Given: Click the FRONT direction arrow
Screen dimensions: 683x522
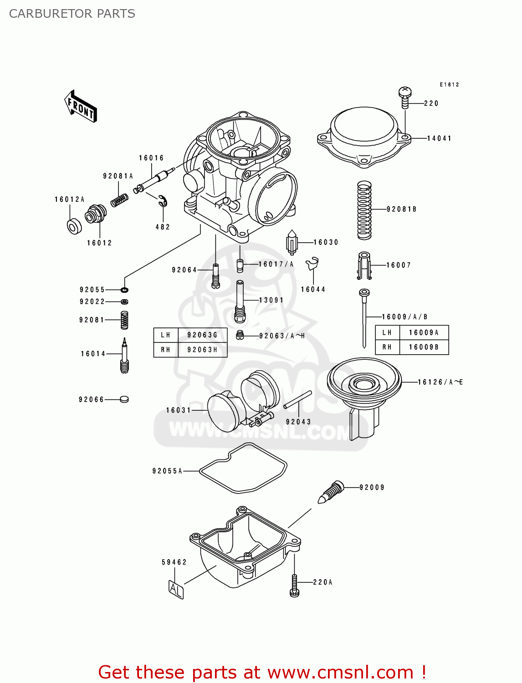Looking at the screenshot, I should (81, 107).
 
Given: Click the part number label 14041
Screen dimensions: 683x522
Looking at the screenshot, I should (439, 138).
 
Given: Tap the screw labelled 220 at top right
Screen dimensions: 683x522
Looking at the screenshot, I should (405, 97).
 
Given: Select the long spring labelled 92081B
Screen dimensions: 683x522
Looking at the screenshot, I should (364, 210).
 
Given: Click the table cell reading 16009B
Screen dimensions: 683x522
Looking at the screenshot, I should (424, 347).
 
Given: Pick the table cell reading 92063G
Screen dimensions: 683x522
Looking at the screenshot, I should (202, 335).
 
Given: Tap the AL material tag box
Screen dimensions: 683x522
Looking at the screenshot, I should (176, 590).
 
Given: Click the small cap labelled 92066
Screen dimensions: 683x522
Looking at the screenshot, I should (124, 399).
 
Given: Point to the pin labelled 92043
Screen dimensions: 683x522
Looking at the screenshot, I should (297, 400).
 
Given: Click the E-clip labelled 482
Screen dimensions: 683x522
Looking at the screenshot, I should (163, 201).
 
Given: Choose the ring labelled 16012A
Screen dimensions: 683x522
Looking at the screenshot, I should (74, 226).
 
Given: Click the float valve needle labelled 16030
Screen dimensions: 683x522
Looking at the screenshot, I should (292, 243).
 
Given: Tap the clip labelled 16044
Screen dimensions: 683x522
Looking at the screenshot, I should (312, 264).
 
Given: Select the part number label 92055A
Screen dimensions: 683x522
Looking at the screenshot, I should (167, 471).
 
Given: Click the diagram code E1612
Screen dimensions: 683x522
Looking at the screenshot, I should (449, 85).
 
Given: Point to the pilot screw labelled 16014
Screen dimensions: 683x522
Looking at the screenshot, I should (124, 355).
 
